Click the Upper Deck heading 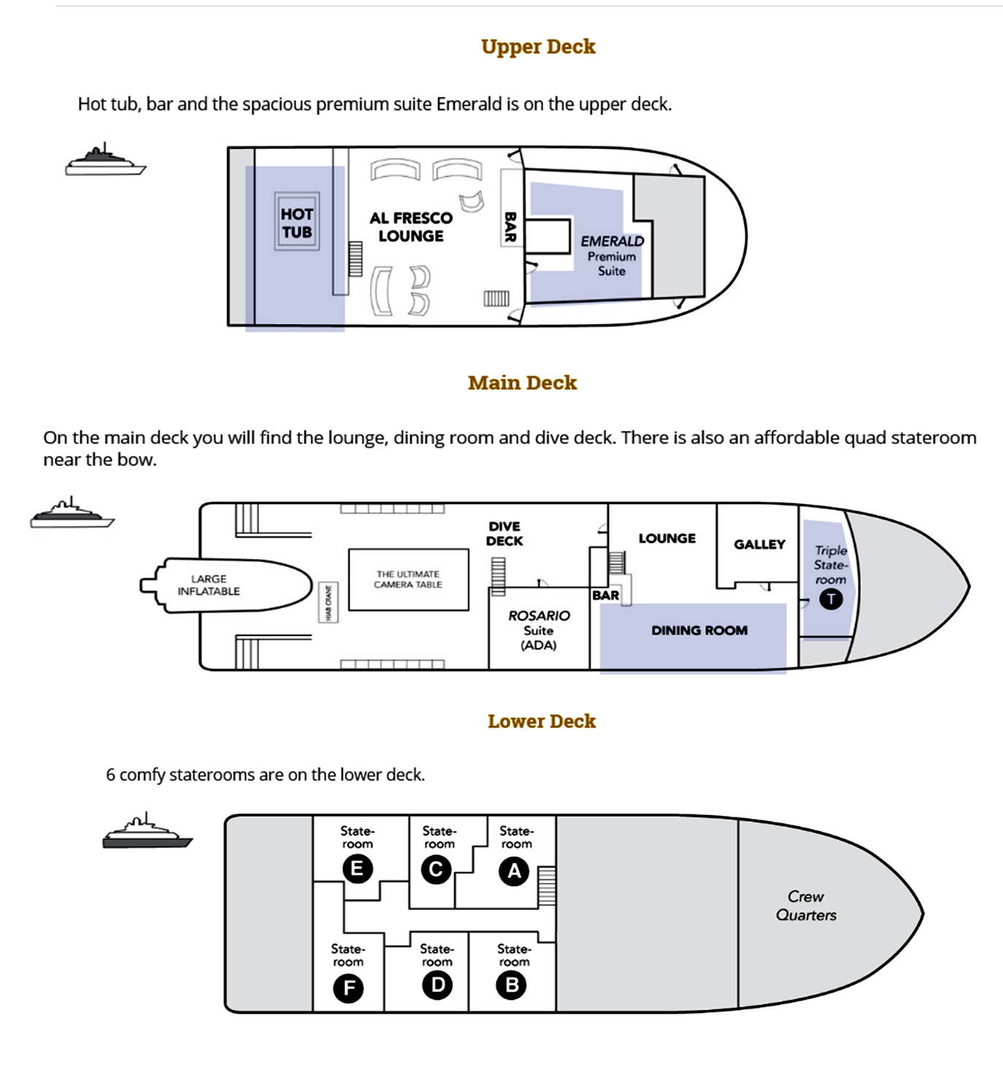click(538, 47)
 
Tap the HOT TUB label click(297, 223)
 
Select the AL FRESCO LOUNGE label click(411, 227)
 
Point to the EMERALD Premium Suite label click(612, 256)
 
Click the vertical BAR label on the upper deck click(510, 227)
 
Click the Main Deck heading click(522, 383)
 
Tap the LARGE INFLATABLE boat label click(209, 584)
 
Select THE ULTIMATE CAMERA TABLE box click(409, 579)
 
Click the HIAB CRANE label click(328, 602)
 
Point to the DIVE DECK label click(504, 534)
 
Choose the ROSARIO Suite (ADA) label click(539, 630)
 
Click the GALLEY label click(759, 544)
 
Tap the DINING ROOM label click(699, 630)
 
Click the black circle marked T click(831, 599)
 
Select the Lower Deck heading click(542, 722)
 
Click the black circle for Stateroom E click(358, 868)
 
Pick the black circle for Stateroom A click(513, 871)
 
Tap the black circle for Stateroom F click(348, 988)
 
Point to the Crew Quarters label click(806, 906)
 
